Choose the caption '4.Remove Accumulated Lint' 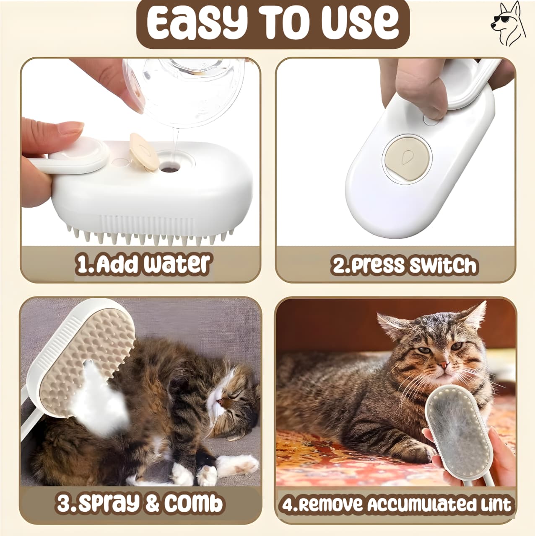click(397, 503)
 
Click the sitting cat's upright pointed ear click(473, 320)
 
